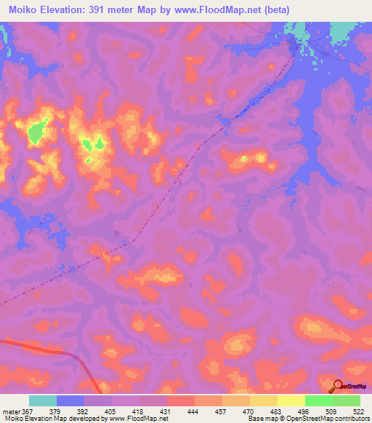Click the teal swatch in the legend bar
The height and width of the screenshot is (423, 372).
point(43,400)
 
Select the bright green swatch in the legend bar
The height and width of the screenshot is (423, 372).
point(319,400)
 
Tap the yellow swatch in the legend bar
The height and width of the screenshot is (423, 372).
point(291,400)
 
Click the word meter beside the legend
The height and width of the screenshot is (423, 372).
point(9,411)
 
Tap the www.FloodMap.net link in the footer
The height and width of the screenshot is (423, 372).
point(137,419)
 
